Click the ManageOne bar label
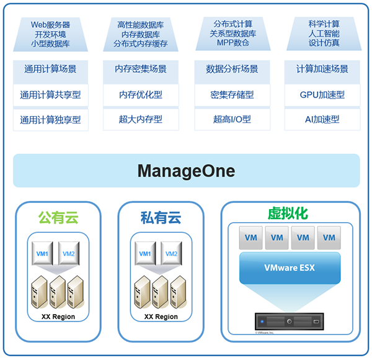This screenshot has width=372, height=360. click(x=186, y=171)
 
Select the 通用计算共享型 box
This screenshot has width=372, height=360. click(x=51, y=95)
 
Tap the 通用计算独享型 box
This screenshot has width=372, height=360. click(x=51, y=120)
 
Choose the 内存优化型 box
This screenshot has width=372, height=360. click(x=141, y=95)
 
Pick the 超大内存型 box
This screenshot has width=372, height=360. click(x=141, y=120)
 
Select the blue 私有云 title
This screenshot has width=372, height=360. click(x=161, y=218)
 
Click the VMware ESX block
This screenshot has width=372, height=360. click(x=290, y=268)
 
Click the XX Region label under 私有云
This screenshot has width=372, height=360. click(x=161, y=317)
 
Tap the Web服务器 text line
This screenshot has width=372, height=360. click(x=51, y=25)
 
